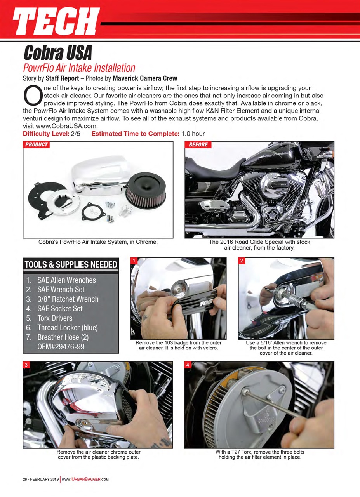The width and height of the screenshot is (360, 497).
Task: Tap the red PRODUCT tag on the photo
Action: coord(36,145)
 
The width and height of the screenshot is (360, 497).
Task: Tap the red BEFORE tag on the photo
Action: coord(198,145)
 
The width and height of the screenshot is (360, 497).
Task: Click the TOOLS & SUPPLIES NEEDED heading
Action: coord(71,265)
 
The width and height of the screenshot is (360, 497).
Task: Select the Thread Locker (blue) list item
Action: coord(67,327)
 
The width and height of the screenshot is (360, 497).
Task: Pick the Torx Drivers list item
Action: coord(55,318)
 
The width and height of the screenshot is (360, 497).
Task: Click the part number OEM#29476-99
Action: coord(61,346)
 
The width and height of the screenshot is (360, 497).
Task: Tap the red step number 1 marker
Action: coord(134,261)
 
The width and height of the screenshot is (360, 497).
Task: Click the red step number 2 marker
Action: coord(241,261)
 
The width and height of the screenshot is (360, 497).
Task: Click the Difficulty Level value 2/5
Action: coord(79,134)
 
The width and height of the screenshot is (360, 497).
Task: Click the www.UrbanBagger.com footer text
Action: coord(85,479)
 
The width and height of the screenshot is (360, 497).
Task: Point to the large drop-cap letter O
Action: coord(33,95)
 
